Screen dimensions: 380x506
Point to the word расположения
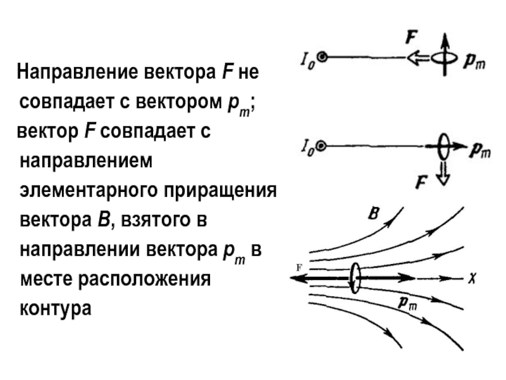click(145, 278)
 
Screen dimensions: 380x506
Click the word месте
click(45, 278)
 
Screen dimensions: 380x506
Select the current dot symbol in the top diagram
click(323, 58)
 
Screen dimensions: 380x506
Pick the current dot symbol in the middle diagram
click(322, 146)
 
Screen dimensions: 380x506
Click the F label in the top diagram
click(412, 38)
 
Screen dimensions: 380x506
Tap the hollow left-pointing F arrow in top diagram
click(418, 58)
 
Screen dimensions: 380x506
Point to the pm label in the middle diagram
click(479, 150)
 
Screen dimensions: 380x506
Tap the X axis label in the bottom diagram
click(471, 277)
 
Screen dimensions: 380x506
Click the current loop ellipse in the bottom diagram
click(355, 277)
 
